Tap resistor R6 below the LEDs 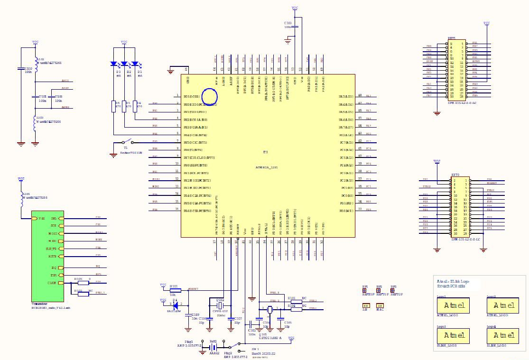tap(114, 105)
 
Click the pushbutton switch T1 tap(127, 142)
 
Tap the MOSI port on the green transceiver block tap(54, 233)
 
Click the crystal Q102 tap(221, 306)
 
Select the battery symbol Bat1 tap(213, 346)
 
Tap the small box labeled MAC tap(380, 305)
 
